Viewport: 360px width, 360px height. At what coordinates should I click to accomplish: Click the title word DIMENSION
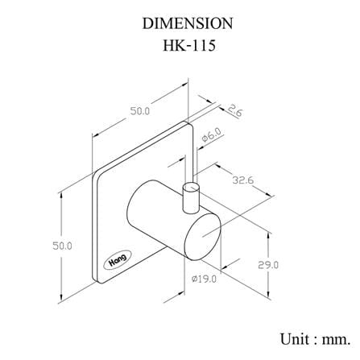tap(188, 23)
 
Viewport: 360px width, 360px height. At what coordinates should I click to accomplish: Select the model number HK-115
tap(189, 45)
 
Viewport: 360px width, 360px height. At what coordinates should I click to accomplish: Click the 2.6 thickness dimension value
tap(235, 110)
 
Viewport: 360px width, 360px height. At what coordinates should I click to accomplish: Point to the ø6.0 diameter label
tap(212, 135)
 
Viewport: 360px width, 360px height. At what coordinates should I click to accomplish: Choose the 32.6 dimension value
tap(242, 180)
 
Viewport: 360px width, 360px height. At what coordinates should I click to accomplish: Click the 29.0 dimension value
tap(268, 265)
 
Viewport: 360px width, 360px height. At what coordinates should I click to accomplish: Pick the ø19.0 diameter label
tap(204, 279)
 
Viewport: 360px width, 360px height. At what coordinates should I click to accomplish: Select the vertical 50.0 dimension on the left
tap(62, 246)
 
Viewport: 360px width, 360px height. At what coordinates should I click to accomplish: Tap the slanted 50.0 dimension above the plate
tap(140, 111)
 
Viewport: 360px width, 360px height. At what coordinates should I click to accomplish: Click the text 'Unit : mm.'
tap(316, 339)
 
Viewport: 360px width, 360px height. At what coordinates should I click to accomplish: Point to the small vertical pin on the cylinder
tap(191, 199)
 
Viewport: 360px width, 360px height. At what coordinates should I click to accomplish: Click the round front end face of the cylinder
tap(203, 235)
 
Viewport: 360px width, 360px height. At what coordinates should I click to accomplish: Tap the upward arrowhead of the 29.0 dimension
tap(269, 236)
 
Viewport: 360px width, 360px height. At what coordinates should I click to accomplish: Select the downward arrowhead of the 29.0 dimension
tap(269, 294)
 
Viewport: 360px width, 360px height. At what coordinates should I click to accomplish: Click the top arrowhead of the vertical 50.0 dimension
tap(62, 196)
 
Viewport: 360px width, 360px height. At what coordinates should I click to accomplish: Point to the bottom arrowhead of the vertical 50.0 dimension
tap(62, 298)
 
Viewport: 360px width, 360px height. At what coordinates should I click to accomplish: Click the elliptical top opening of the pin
tap(191, 188)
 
